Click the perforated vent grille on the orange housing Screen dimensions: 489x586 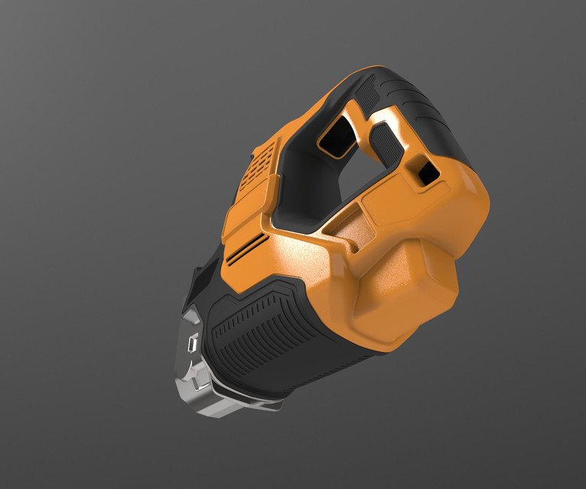255,170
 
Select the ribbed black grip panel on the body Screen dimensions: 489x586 260,336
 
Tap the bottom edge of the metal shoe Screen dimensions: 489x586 230,409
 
